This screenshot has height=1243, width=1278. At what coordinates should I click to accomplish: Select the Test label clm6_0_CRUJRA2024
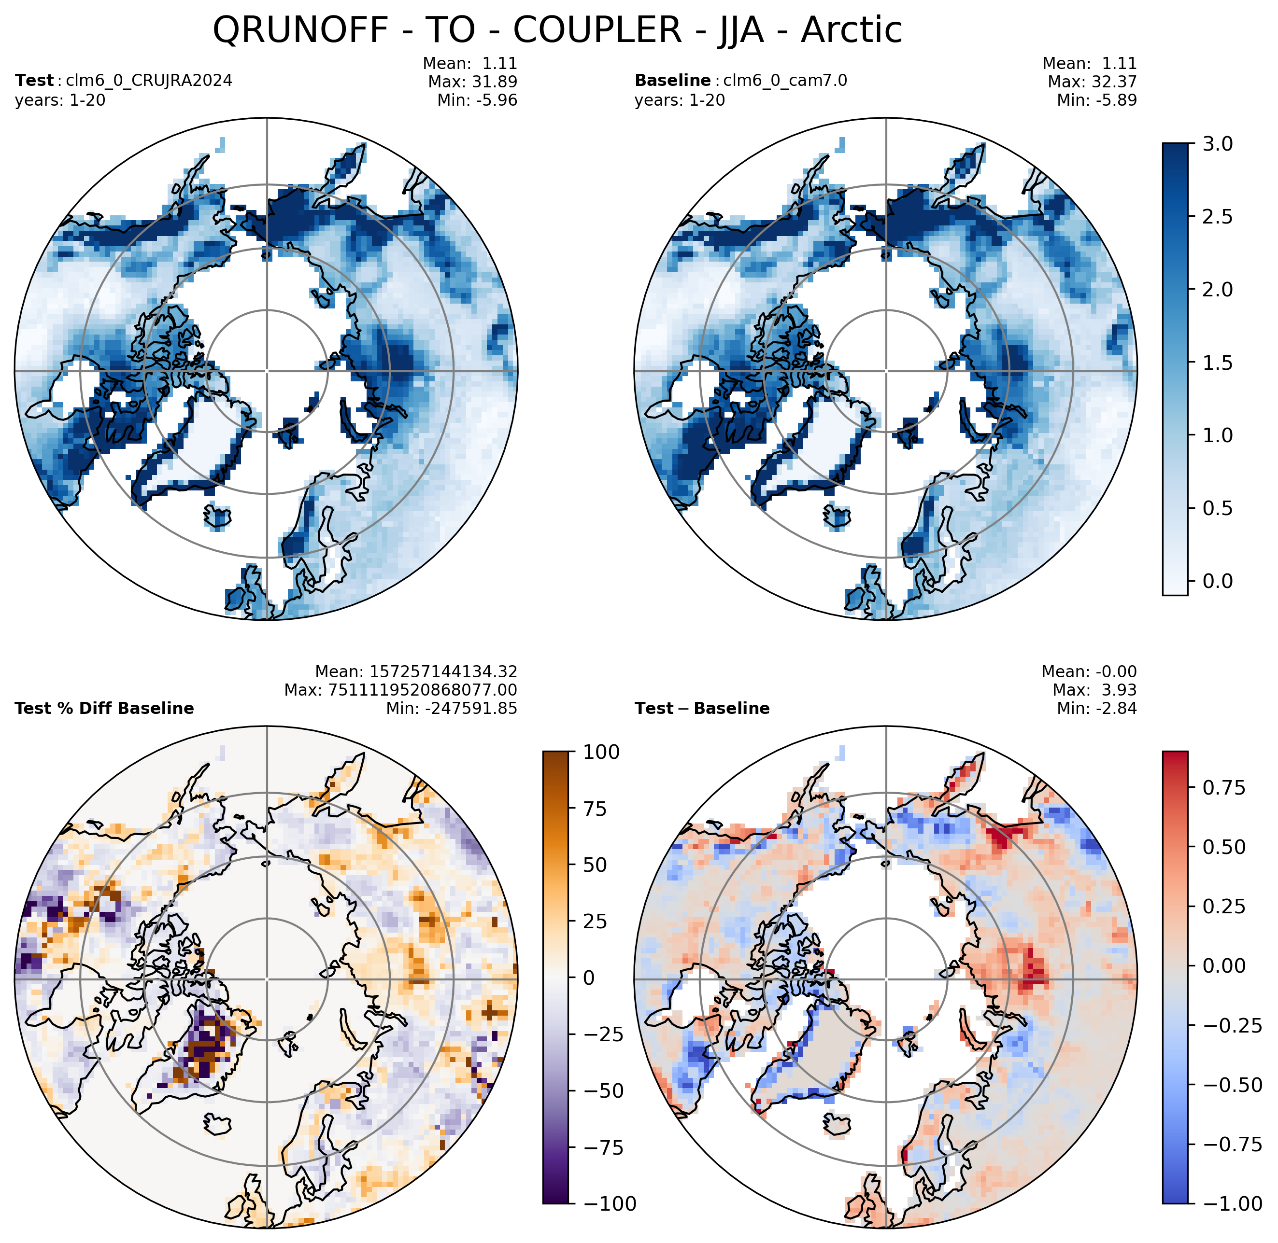click(x=149, y=81)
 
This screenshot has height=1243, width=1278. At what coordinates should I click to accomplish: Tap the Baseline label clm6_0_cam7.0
click(x=786, y=81)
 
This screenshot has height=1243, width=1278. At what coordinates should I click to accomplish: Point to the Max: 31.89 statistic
click(x=473, y=82)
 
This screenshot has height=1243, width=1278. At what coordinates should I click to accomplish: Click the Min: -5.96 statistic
click(x=477, y=100)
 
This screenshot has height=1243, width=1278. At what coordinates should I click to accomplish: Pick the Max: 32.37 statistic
click(x=1092, y=82)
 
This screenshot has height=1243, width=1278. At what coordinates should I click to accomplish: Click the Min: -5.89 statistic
click(x=1096, y=100)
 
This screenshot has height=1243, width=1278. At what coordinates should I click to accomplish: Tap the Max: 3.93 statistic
click(x=1094, y=690)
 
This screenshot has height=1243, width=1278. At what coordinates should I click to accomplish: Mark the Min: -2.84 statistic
click(x=1096, y=708)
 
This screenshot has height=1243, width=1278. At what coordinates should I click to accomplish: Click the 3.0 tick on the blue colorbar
click(x=1218, y=144)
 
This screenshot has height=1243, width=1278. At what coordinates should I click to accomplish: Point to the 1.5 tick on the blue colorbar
click(x=1218, y=363)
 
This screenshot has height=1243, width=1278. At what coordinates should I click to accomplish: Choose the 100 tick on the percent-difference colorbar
click(x=601, y=752)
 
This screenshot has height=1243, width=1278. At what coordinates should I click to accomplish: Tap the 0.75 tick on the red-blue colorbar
click(x=1224, y=788)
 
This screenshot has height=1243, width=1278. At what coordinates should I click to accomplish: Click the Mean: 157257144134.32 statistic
click(x=416, y=672)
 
